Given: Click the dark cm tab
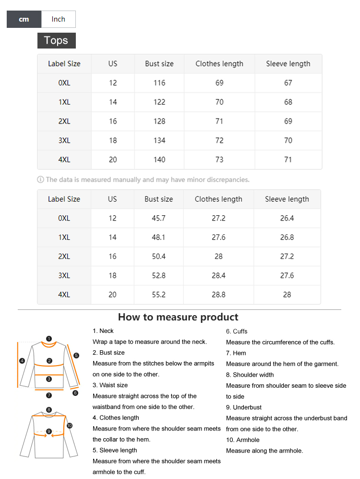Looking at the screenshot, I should (24, 19).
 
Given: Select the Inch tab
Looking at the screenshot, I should (58, 19).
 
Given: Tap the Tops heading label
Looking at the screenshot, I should (56, 40).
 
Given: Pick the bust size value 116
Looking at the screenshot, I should (159, 83).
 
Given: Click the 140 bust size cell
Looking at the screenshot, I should (159, 160).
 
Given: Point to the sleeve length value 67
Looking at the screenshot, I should (288, 83).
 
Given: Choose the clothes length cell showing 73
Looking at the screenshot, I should (219, 160).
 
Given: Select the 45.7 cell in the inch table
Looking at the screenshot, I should (159, 218).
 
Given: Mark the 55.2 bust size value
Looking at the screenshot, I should (159, 295).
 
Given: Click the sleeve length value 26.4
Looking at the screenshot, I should (287, 218).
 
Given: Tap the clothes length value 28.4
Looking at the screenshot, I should (218, 275).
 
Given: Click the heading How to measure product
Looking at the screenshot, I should (178, 317).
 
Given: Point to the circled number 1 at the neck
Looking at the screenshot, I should (49, 339).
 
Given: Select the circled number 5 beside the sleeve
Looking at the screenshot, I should (76, 356).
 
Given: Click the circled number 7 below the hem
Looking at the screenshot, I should (49, 395).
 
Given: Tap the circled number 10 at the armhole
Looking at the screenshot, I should (70, 426).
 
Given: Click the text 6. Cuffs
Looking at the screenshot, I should (237, 332).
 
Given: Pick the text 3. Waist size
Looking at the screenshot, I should (110, 385).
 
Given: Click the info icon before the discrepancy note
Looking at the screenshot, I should (40, 180).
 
